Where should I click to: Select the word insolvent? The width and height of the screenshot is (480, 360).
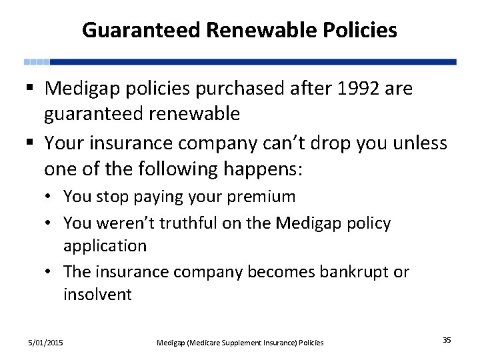point(97,295)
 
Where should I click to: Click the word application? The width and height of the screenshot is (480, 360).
point(105,246)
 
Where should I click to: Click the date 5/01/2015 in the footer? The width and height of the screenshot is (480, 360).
point(45,342)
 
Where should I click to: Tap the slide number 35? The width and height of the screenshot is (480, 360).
point(447,341)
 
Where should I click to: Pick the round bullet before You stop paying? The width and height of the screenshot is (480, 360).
point(51,197)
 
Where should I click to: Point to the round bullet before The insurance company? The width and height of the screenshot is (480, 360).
point(51,273)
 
